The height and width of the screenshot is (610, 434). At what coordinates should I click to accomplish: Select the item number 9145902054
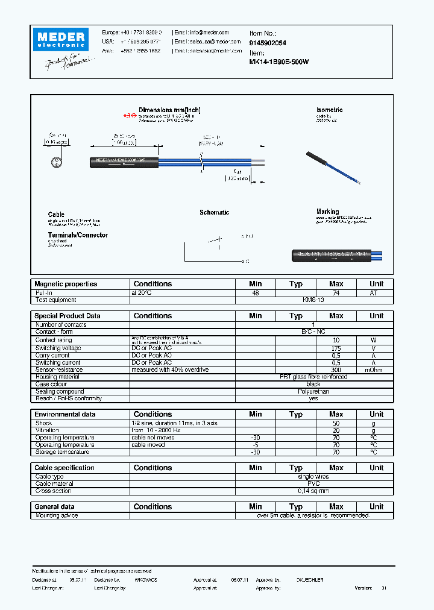[x=268, y=43]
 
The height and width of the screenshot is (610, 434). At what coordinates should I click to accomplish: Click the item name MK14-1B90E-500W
[x=278, y=61]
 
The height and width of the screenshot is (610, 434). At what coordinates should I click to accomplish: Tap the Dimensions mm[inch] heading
[x=169, y=110]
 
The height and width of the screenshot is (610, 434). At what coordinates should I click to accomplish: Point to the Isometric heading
[x=329, y=110]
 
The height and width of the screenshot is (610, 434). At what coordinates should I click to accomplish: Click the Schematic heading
[x=214, y=213]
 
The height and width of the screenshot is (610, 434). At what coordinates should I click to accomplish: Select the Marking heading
[x=327, y=212]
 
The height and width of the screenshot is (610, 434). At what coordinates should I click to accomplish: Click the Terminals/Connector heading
[x=78, y=235]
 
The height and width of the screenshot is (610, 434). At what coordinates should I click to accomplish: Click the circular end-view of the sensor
[x=55, y=162]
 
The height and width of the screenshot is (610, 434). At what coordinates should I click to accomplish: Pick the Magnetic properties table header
[x=66, y=284]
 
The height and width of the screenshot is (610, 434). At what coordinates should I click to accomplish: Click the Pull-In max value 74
[x=336, y=292]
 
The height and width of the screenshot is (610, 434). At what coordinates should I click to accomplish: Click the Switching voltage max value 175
[x=336, y=348]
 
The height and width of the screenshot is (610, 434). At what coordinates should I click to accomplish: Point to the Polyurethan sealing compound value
[x=313, y=391]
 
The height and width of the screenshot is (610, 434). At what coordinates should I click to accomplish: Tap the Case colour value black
[x=313, y=384]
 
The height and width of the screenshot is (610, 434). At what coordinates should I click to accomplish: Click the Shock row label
[x=44, y=423]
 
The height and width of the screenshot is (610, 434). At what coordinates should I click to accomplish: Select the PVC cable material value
[x=313, y=483]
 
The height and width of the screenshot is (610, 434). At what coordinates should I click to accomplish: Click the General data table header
[x=55, y=507]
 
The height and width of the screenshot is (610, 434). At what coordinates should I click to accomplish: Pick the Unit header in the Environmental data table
[x=376, y=414]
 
